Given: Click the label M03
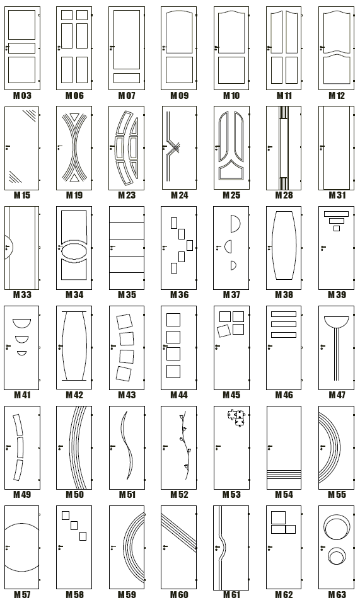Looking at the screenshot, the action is click(22, 95).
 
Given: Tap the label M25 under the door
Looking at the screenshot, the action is click(231, 195).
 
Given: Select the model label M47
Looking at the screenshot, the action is click(337, 395).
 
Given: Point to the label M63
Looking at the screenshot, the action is click(337, 594).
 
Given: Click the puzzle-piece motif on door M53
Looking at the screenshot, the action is click(236, 417).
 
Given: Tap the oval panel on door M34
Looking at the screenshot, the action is click(74, 250).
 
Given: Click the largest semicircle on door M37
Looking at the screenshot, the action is click(235, 224).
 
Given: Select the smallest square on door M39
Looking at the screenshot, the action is click(337, 228).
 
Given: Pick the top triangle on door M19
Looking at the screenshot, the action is click(74, 117).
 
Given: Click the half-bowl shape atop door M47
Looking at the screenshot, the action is click(337, 321).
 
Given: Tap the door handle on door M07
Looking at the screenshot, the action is click(112, 47).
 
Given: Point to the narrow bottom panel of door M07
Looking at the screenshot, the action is click(127, 78).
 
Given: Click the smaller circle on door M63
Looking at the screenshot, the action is click(337, 556).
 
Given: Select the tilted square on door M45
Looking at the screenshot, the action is click(224, 331).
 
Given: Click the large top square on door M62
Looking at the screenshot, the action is click(278, 517).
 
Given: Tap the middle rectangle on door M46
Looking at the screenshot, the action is click(284, 324).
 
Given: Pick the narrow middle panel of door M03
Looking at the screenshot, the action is click(21, 49).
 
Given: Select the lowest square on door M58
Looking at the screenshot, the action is click(83, 536).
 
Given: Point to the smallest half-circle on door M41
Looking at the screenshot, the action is click(21, 353).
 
